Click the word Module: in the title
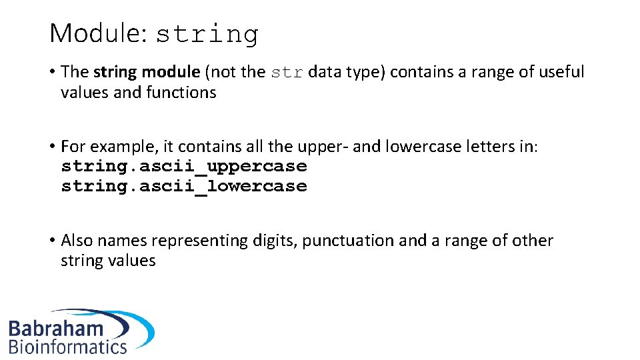[x=98, y=33]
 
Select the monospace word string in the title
[x=207, y=35]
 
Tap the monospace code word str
[x=287, y=73]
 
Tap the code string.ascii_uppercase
[x=184, y=166]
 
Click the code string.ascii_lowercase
[x=184, y=186]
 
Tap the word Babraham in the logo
[x=56, y=328]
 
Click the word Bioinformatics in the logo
[x=67, y=346]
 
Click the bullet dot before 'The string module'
[x=52, y=73]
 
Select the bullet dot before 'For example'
[x=52, y=147]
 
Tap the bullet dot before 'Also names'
[x=52, y=241]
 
